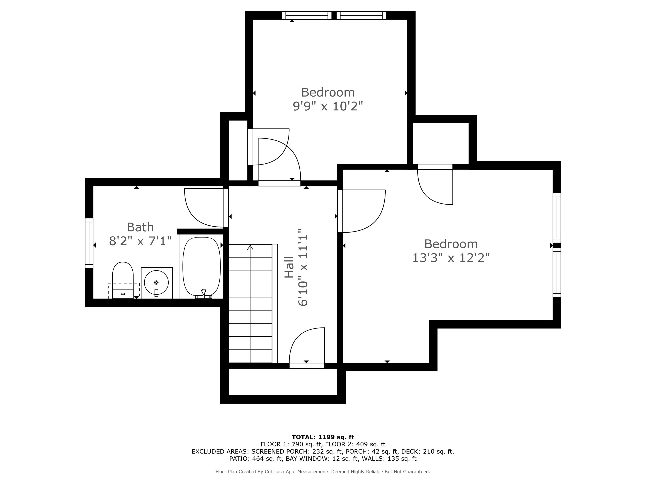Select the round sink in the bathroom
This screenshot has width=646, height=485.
click(157, 283)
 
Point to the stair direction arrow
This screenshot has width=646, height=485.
click(250, 248)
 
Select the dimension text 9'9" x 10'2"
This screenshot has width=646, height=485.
click(328, 106)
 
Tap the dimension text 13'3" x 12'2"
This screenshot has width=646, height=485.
click(451, 258)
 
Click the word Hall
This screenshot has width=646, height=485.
click(289, 267)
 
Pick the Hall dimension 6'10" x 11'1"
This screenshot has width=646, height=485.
click(303, 267)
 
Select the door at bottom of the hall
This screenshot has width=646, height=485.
click(307, 365)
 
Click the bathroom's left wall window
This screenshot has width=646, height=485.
click(89, 243)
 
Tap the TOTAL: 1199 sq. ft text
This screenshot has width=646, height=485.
click(323, 437)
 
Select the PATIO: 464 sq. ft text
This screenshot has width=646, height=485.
click(256, 459)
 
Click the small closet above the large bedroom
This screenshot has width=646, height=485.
click(440, 143)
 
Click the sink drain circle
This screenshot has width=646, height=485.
click(156, 282)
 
